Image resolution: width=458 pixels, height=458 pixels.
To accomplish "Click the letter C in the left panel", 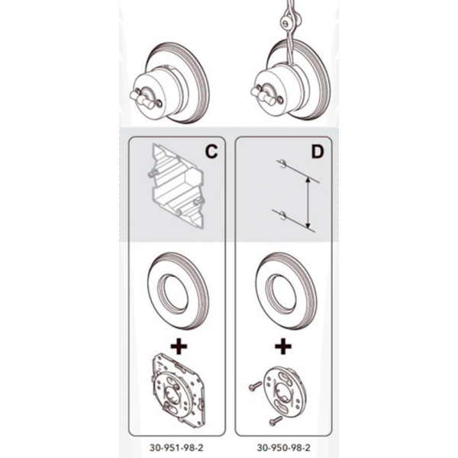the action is coord(211,151).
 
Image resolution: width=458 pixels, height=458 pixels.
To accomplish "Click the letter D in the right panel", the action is coord(318,152).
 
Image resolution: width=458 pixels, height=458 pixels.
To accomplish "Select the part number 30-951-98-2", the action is coord(176,447).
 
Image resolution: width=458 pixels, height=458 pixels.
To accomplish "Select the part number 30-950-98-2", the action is coord(283,447).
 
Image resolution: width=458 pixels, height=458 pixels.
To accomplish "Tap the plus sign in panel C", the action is coord(179,347).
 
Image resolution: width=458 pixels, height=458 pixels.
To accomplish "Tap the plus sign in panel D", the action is coord(283,347).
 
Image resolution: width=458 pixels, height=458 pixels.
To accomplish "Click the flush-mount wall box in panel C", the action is coord(176,186).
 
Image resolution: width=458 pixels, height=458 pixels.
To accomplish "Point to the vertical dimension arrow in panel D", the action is coord(308,202).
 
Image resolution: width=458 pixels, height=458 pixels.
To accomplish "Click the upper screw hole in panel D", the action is coord(282,163).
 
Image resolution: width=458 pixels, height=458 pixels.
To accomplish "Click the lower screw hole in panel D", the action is coord(282,214).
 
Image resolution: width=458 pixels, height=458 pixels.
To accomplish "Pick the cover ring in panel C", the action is coord(178,292).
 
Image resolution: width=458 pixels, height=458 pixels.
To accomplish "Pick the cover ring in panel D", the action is coord(286,292).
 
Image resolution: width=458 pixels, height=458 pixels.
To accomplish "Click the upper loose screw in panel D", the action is coord(255,386).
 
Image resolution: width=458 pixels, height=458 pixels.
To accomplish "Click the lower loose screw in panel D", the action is coord(275,421).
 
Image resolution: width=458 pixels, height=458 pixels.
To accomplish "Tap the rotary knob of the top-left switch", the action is coord(142,98).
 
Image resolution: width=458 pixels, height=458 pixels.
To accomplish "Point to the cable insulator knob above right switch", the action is coord(286,21).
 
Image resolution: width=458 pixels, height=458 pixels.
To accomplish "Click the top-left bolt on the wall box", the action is coord(152,174).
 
